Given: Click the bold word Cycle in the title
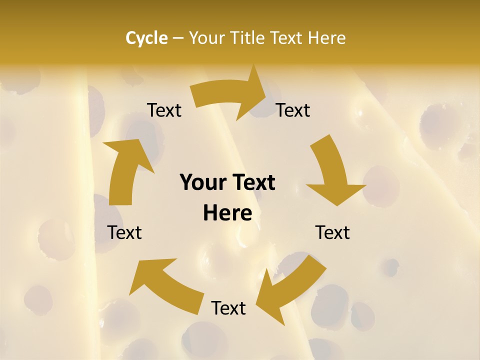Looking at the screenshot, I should pos(146,38).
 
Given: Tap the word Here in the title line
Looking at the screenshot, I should pos(326,38).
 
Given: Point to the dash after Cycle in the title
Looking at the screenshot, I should pos(178,38).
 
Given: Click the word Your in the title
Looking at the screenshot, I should pos(207,38).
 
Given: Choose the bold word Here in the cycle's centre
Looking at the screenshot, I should pos(227,213).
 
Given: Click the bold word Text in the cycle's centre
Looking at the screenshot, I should pos(252,182).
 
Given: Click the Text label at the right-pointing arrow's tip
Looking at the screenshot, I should pos(293,110).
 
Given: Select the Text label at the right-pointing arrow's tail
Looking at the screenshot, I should pos(164,110).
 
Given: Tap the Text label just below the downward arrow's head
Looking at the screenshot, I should pos(332,232).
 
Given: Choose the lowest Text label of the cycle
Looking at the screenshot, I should pos(228,308).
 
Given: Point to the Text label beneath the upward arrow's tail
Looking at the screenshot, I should pos(125,232).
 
